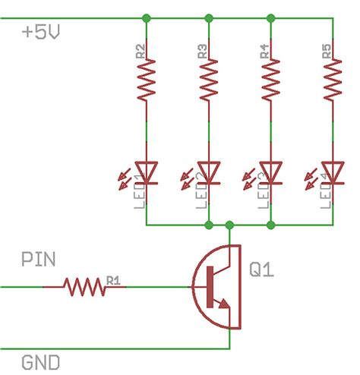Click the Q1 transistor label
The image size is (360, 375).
(x=264, y=270)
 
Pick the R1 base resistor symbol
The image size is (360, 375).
(x=84, y=287)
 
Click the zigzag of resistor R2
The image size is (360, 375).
(x=146, y=81)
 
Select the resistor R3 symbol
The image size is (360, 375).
(x=208, y=81)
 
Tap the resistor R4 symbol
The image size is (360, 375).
(x=270, y=81)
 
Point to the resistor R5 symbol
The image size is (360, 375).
(x=332, y=81)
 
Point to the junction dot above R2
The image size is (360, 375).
(x=146, y=17)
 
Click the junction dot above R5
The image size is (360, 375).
(x=332, y=17)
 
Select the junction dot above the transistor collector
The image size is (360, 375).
(x=230, y=225)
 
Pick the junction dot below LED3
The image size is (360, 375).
(x=270, y=225)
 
